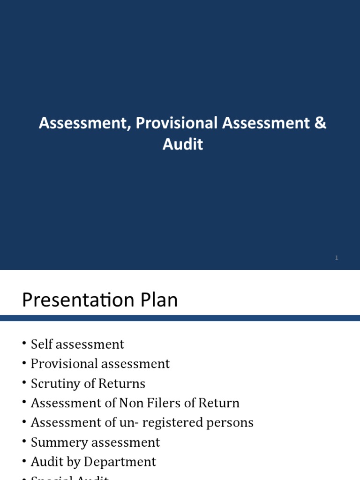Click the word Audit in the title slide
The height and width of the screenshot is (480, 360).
tap(183, 144)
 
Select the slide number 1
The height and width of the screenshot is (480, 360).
tap(337, 258)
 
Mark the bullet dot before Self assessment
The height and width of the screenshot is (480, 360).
tap(24, 345)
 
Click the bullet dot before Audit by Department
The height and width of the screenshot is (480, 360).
tap(24, 463)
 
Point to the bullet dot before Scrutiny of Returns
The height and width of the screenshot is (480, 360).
tap(24, 384)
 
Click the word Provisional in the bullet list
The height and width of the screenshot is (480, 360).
tap(64, 364)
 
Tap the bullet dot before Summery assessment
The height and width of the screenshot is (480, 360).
tap(24, 443)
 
